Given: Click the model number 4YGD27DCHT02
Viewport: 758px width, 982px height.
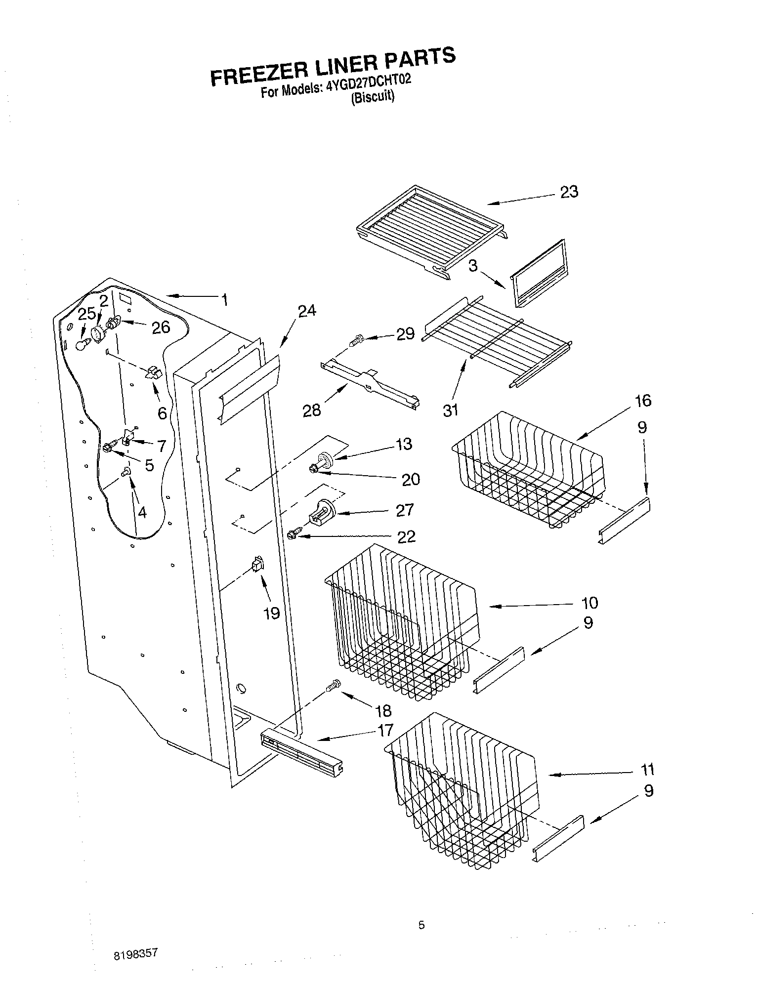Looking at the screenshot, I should point(368,84).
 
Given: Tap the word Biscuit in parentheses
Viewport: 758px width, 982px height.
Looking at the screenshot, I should point(373,97).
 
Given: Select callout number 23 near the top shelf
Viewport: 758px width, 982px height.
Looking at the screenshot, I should point(569,192).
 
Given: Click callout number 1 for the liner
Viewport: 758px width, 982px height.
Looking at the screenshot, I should point(225,299).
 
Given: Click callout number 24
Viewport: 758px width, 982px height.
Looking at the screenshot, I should point(306,311).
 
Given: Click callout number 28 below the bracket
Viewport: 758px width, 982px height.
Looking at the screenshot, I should point(312,409).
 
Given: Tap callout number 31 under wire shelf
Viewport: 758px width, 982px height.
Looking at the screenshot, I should point(450,409).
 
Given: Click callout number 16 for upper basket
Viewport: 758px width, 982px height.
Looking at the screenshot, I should point(643,401).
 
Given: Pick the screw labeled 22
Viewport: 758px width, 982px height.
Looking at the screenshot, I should point(293,534).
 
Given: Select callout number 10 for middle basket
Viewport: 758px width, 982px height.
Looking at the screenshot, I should point(590,603).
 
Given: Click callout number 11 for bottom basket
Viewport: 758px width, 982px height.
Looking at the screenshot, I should point(647,770).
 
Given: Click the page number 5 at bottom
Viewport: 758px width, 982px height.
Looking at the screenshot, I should point(421,925).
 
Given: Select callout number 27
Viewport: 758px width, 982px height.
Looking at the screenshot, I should point(404,509).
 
